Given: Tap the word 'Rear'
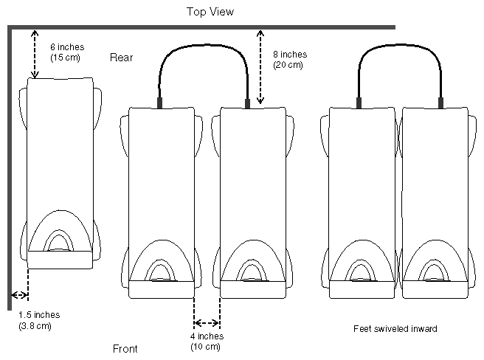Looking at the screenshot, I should pyautogui.click(x=121, y=58).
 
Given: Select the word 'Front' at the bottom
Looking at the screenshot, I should pyautogui.click(x=125, y=349).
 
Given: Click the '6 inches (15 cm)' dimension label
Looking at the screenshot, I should pyautogui.click(x=65, y=52).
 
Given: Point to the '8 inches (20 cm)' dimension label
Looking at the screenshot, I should pyautogui.click(x=289, y=59).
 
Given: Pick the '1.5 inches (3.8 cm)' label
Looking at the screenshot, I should pyautogui.click(x=38, y=319).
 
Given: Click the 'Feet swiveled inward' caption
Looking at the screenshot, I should pyautogui.click(x=396, y=329).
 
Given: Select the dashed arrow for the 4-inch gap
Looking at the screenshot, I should pyautogui.click(x=207, y=322).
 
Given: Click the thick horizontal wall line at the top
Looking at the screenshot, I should pyautogui.click(x=221, y=27).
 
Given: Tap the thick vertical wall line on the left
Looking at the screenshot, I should pyautogui.click(x=8, y=162).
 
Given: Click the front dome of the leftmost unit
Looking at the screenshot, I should pyautogui.click(x=60, y=232).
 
